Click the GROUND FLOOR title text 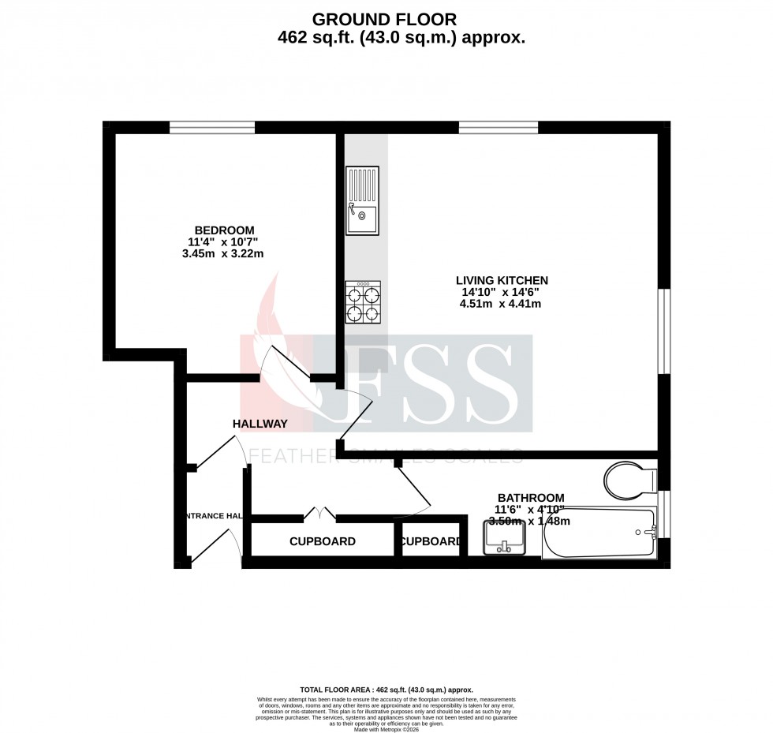coord(384,18)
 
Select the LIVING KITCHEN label coord(502,280)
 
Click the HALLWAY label coord(260,424)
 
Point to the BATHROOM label coord(529,497)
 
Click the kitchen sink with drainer coord(362,201)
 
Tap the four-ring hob coord(363,303)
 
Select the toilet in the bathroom coord(629,479)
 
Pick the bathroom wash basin coord(503,537)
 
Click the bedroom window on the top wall coord(212,127)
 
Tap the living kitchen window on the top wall coord(499,127)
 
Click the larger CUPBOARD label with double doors coord(322,541)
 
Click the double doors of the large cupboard coord(319,514)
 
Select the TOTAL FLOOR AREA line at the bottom coord(386,689)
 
